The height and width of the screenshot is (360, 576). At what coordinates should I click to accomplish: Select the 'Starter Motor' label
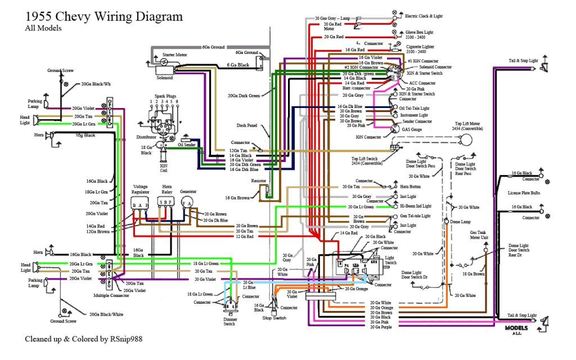(174, 55)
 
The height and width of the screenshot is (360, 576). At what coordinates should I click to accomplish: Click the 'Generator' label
(188, 191)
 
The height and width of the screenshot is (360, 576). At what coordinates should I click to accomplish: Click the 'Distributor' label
(146, 137)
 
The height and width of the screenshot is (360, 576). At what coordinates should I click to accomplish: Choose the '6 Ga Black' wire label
(238, 65)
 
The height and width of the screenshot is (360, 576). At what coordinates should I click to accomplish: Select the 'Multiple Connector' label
(111, 295)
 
